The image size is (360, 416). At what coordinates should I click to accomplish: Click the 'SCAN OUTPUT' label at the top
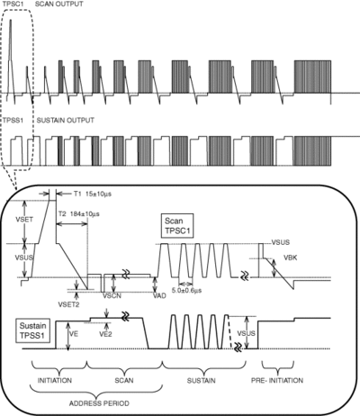click(59, 5)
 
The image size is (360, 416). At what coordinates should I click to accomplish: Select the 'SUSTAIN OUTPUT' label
click(66, 121)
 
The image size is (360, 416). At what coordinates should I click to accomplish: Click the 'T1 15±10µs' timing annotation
click(93, 194)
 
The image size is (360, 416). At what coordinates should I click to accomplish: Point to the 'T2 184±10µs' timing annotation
click(79, 214)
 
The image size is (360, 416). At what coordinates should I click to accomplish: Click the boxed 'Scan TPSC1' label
click(177, 226)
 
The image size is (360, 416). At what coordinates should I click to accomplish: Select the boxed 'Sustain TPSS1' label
click(32, 330)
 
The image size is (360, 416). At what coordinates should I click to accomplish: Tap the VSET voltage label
click(24, 219)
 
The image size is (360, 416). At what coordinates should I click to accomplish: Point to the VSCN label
click(112, 295)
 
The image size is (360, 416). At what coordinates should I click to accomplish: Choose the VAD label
click(159, 295)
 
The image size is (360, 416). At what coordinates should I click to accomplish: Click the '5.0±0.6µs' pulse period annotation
click(186, 290)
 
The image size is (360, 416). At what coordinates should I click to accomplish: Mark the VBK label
click(291, 258)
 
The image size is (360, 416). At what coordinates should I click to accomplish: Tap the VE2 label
click(105, 334)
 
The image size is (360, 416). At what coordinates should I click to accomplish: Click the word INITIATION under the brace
click(55, 381)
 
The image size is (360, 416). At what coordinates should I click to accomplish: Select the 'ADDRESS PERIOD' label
click(99, 403)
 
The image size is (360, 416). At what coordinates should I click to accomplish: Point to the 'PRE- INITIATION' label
click(277, 381)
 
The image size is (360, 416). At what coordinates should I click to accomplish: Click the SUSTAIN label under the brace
click(201, 381)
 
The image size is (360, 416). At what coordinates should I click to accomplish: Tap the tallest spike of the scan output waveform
click(11, 20)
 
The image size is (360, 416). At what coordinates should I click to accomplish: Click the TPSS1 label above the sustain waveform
click(13, 121)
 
